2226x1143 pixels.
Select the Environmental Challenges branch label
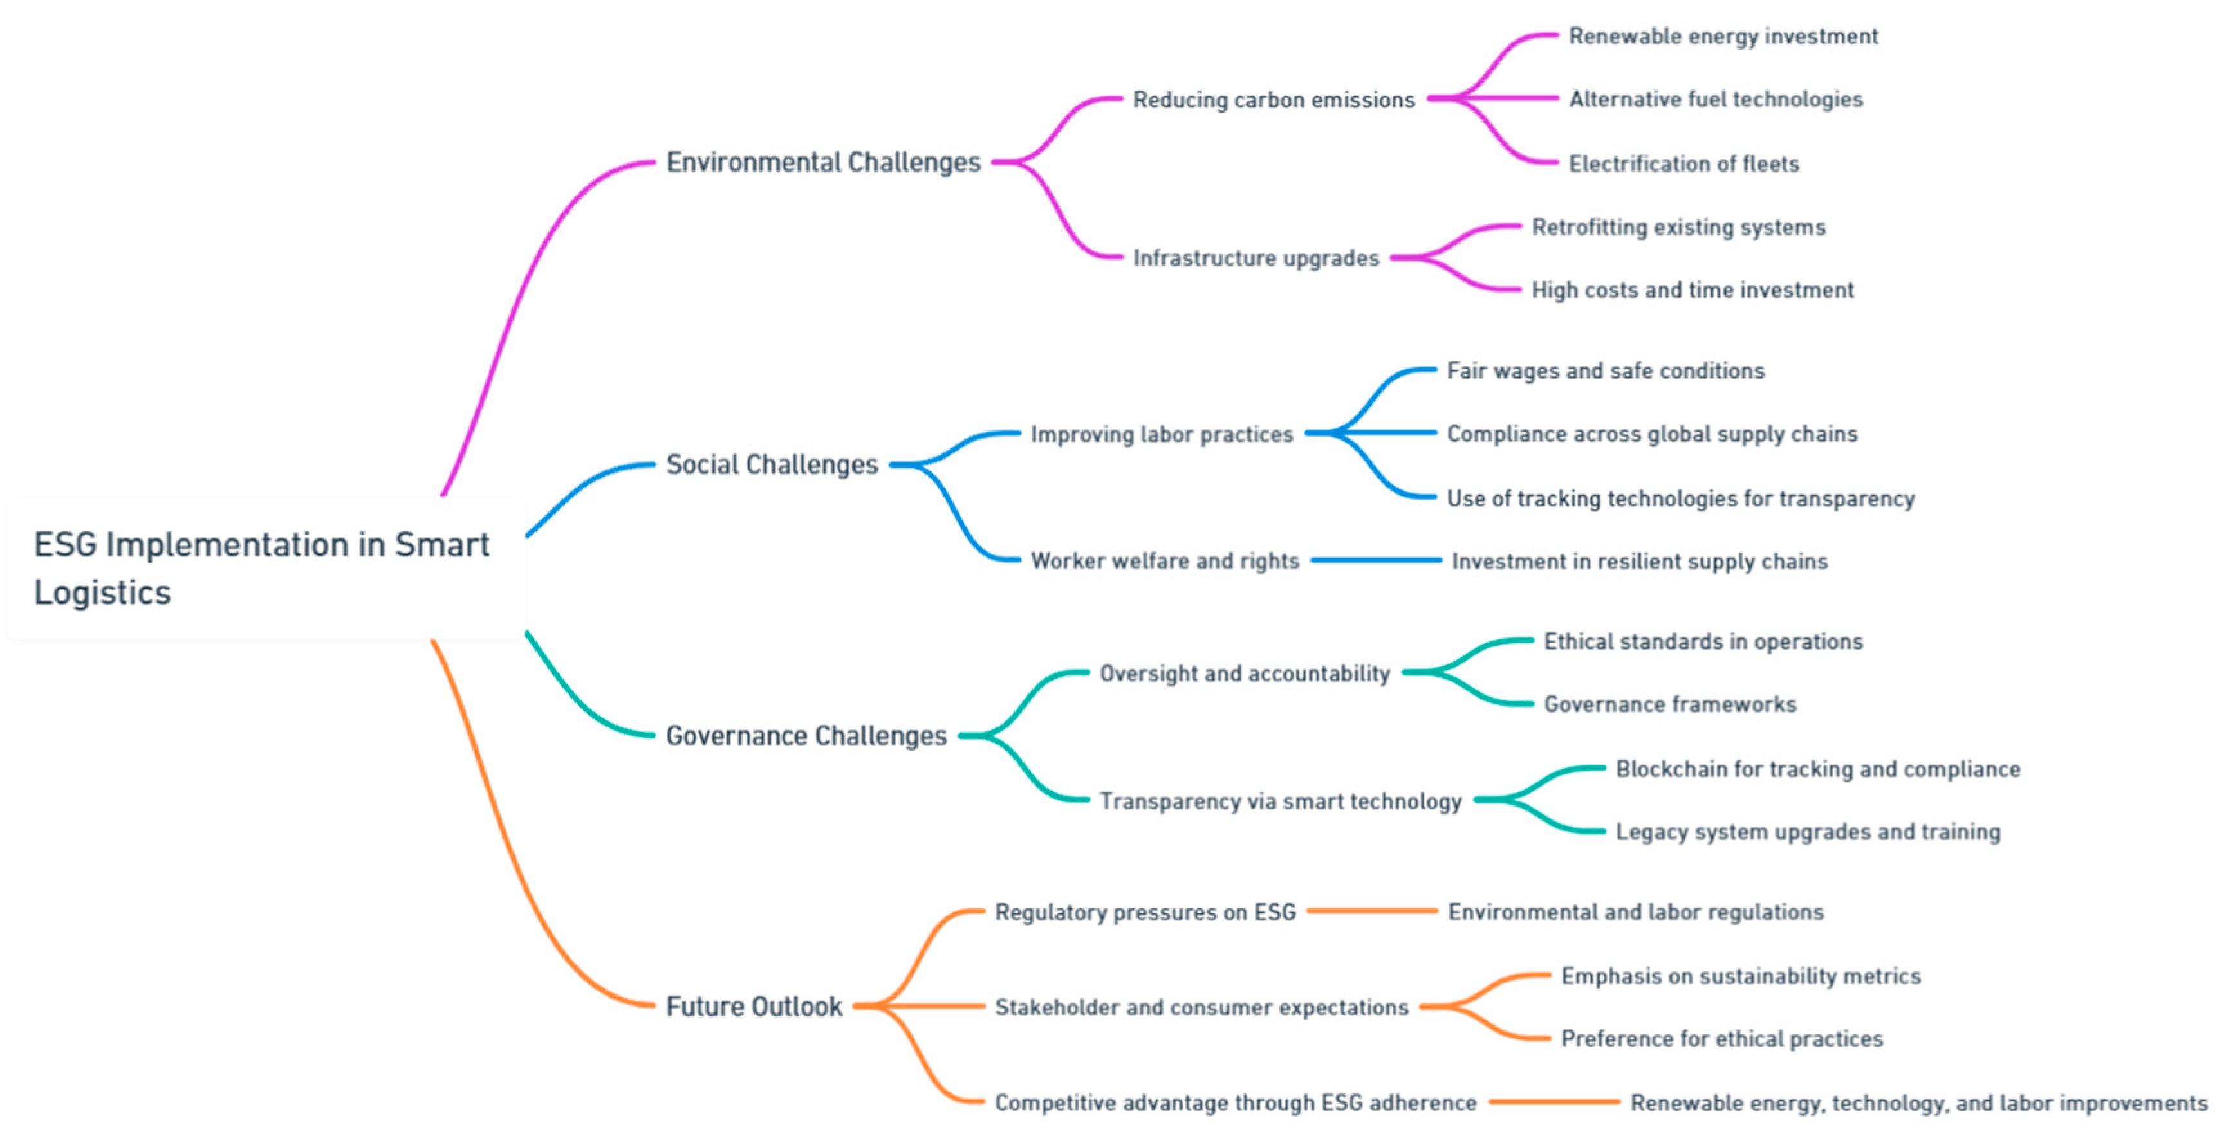click(x=822, y=163)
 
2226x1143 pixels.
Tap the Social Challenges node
click(x=772, y=465)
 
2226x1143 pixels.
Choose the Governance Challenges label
click(x=806, y=736)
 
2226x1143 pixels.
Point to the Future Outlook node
click(x=754, y=1007)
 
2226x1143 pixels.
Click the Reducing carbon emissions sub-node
click(x=1274, y=100)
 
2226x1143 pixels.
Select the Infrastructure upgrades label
click(x=1256, y=259)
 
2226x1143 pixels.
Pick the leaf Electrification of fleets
click(x=1683, y=164)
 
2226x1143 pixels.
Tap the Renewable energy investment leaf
click(x=1723, y=36)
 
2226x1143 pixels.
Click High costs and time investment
click(x=1692, y=290)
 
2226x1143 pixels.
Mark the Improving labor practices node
click(x=1162, y=435)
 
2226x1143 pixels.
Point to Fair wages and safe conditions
click(x=1606, y=370)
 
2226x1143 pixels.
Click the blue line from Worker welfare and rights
click(x=1376, y=561)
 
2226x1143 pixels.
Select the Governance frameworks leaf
click(x=1669, y=705)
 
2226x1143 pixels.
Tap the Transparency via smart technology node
click(x=1280, y=801)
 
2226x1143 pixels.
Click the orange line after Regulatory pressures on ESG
click(x=1371, y=911)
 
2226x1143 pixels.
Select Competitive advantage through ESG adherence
click(x=1235, y=1103)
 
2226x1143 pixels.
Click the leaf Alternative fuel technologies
click(x=1715, y=99)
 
